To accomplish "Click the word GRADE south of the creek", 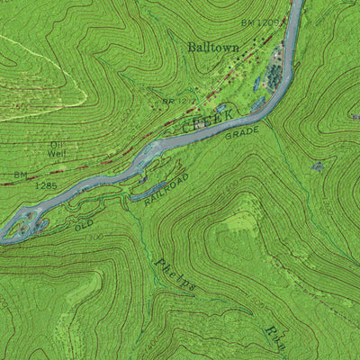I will pos(242,134).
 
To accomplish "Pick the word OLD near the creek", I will pos(84,225).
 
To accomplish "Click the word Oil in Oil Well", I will pos(58,144).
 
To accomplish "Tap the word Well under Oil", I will pos(58,153).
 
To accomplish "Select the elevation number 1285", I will pos(46,185).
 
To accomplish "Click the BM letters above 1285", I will pos(20,175).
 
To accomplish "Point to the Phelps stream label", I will pos(175,274).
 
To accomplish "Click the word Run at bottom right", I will pos(275,337).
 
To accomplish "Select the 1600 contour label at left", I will pos(20,105).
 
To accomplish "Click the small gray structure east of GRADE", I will pos(317,166).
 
